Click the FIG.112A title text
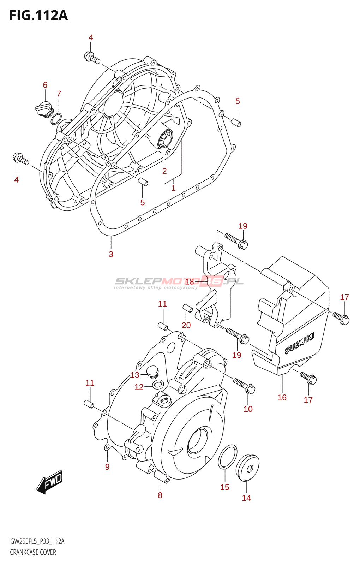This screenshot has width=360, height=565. click(38, 16)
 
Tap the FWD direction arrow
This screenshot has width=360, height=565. click(49, 482)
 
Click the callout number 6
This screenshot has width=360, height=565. click(45, 85)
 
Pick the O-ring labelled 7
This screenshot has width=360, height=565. click(56, 119)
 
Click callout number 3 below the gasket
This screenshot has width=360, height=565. click(111, 254)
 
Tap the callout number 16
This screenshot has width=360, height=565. click(282, 398)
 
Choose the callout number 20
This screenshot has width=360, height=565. click(186, 325)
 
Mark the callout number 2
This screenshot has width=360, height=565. click(164, 171)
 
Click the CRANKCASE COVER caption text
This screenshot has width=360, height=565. click(33, 552)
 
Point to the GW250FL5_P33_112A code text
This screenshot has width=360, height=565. click(37, 541)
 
